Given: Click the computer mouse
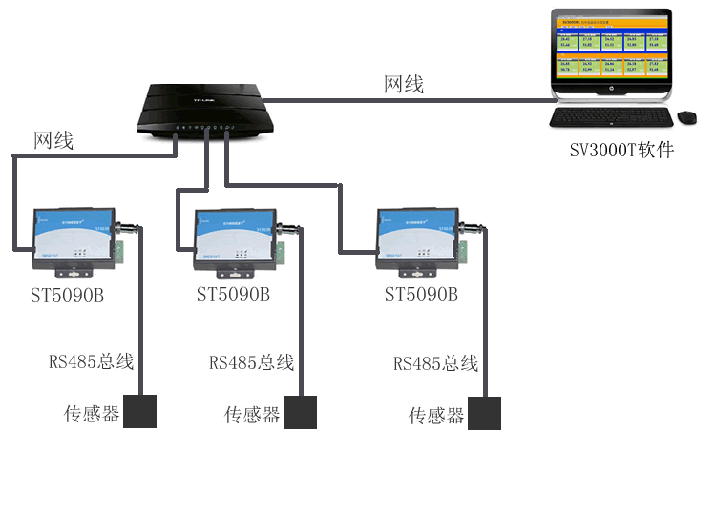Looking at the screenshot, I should (x=686, y=117).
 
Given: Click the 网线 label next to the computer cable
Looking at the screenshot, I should (x=403, y=84).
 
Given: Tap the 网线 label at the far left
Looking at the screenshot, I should (x=53, y=141).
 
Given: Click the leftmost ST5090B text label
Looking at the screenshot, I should (x=67, y=296).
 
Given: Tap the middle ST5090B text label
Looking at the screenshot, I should (x=233, y=296).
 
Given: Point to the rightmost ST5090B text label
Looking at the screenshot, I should (x=421, y=296).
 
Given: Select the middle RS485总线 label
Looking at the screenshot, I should (x=251, y=363).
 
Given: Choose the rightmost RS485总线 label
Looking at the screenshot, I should (x=435, y=364).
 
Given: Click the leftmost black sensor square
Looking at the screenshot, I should (x=139, y=412).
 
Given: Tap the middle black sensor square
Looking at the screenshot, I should (x=300, y=413).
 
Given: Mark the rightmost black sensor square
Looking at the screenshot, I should (x=484, y=413).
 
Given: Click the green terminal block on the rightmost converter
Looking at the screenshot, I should (x=464, y=250).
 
